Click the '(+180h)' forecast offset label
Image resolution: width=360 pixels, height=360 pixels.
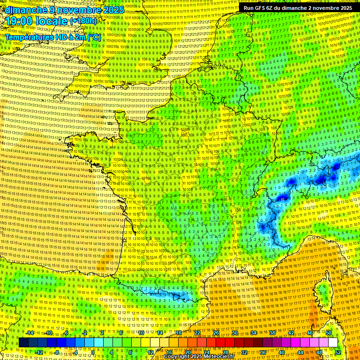83,21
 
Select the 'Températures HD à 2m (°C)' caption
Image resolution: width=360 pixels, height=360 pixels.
53,37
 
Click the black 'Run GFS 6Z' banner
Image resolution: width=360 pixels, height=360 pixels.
298,8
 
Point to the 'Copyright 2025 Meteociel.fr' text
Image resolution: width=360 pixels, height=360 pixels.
199,357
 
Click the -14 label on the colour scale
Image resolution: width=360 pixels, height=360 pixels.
29,333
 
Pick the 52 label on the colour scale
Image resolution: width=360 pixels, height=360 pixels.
338,352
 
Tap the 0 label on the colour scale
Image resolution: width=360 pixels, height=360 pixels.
93,352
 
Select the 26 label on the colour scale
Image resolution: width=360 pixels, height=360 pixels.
216,333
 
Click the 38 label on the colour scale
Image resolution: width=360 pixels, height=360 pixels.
272,333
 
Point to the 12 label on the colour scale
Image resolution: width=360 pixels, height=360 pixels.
151,352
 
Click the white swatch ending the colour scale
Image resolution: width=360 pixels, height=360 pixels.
333,343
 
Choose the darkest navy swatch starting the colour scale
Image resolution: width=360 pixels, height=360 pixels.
23,343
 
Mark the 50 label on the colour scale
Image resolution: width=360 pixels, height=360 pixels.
329,333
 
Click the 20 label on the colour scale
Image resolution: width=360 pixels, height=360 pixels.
188,352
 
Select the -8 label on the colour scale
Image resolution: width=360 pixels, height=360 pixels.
57,352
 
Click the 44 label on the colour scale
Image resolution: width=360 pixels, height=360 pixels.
300,352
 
